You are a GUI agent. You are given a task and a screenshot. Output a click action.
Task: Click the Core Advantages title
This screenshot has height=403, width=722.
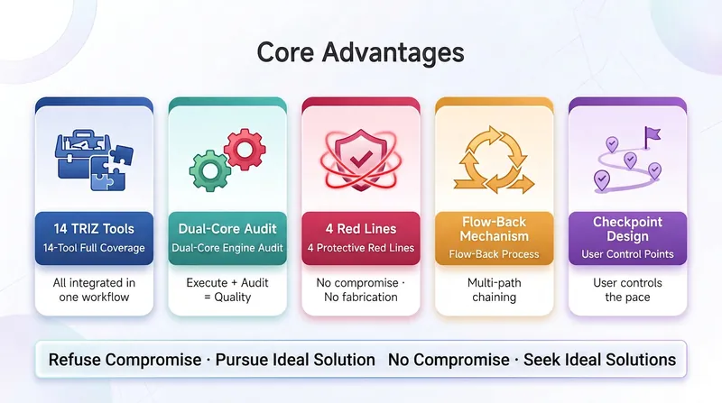(360, 53)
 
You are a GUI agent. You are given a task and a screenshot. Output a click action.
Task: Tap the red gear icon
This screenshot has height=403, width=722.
(245, 150)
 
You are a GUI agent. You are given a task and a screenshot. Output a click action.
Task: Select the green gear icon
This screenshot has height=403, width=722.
(210, 170)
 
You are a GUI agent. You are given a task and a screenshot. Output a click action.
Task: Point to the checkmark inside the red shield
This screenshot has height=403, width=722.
(361, 160)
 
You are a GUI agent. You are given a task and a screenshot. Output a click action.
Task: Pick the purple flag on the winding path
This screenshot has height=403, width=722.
(652, 137)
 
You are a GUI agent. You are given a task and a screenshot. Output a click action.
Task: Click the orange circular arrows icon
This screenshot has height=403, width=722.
(494, 160)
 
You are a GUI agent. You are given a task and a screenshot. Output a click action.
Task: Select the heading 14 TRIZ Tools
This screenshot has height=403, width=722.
(94, 229)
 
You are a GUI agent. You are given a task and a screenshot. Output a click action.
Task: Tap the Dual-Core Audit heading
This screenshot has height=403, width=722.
(227, 229)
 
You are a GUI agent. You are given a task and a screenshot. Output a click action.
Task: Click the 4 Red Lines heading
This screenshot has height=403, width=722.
(361, 229)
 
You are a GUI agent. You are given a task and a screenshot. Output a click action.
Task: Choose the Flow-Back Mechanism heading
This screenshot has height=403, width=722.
(494, 229)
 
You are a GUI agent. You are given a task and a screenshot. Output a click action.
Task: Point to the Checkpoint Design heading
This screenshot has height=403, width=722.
(627, 229)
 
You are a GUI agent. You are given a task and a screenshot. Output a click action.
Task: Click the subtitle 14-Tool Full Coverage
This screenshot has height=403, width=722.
(94, 248)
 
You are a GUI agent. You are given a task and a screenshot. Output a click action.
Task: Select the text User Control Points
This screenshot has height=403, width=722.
(627, 254)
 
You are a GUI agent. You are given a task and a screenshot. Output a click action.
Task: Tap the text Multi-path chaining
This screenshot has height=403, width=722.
(494, 289)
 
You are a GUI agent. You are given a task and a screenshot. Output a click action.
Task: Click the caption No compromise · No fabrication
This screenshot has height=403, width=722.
(361, 289)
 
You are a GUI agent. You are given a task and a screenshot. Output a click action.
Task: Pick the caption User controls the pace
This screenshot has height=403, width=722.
(627, 289)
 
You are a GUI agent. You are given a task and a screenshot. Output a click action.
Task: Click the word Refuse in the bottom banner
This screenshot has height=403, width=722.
(75, 360)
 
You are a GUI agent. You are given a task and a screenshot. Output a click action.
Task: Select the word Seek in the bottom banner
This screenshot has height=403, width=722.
(540, 360)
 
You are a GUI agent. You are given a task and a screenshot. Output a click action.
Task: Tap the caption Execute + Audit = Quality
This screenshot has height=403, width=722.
(227, 289)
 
